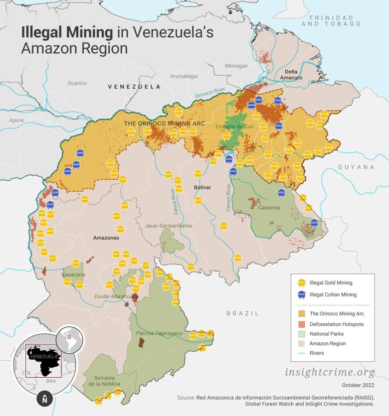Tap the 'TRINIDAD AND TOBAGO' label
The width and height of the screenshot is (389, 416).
[x=334, y=20]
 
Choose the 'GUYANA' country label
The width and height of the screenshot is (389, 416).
[x=356, y=167]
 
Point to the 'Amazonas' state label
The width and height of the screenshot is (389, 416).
[x=106, y=238]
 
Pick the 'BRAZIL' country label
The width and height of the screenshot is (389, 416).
[x=243, y=313]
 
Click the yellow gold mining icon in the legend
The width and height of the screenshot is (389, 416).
[x=301, y=282]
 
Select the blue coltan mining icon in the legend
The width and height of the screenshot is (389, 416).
[x=301, y=294]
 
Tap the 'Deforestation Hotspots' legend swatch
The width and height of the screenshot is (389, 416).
[x=301, y=324]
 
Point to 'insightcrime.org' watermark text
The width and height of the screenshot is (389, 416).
[x=330, y=372]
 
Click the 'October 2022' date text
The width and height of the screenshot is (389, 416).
[x=358, y=385]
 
